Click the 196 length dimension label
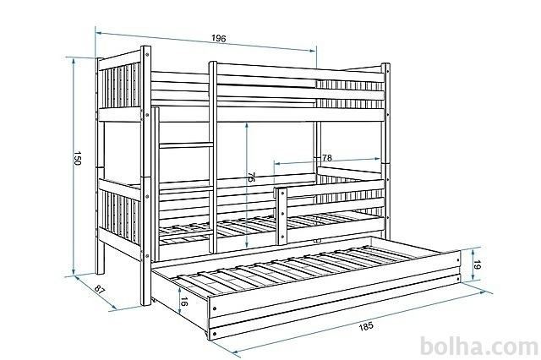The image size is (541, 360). click(x=219, y=38)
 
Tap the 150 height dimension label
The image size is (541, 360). click(x=77, y=158)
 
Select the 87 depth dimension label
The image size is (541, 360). click(x=100, y=289)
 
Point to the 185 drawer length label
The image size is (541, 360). click(x=366, y=326)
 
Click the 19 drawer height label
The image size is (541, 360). click(x=477, y=265)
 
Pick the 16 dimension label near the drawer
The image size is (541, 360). click(x=184, y=302)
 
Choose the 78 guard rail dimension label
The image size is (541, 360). click(x=327, y=158)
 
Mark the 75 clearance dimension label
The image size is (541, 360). click(x=251, y=177)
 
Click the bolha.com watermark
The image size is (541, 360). click(x=478, y=346)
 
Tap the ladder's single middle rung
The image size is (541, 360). click(x=186, y=146)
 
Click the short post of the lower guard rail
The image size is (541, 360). click(x=281, y=216)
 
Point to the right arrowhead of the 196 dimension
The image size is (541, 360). click(x=313, y=51)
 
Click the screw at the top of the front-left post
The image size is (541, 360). click(x=147, y=54)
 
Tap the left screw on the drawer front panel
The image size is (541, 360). click(x=215, y=308)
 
